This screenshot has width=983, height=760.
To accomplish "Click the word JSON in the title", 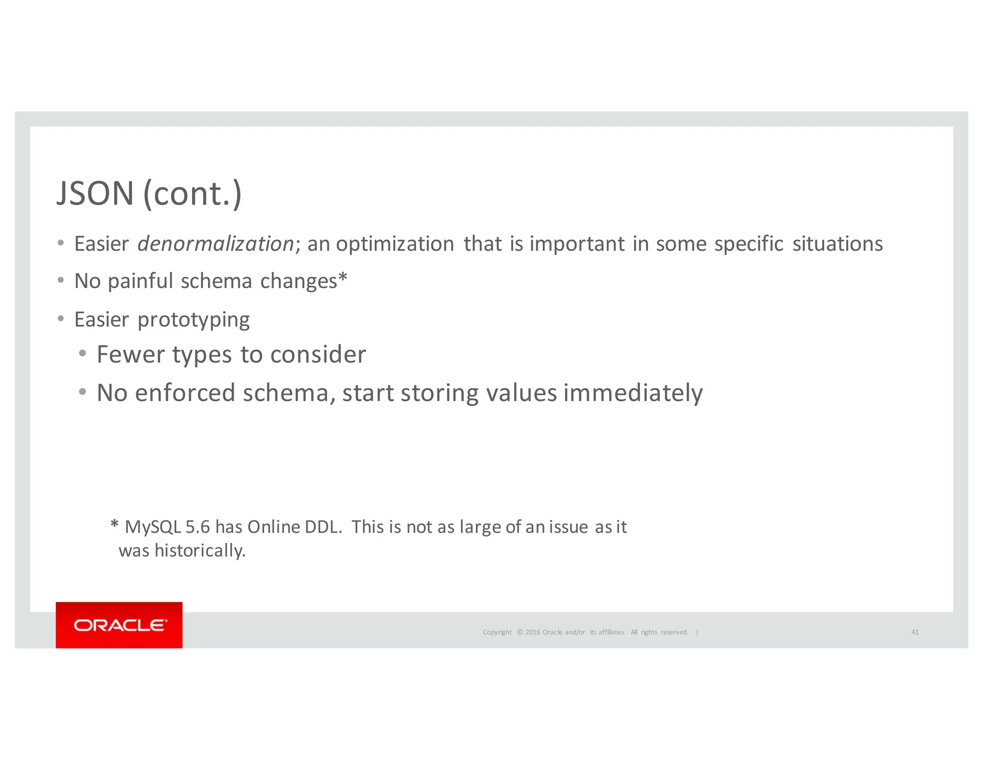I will point(95,194).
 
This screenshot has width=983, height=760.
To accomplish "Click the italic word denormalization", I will point(216,244).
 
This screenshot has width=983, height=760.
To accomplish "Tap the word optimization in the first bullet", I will point(395,244).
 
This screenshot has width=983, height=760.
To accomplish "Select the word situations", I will point(837,244).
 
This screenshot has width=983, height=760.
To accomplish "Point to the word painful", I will point(140,282).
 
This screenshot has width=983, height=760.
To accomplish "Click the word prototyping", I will point(193,320).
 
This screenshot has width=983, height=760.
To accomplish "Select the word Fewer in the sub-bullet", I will point(131,355).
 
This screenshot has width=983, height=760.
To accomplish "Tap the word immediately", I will point(633,393).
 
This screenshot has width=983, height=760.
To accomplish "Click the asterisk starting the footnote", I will point(114,525).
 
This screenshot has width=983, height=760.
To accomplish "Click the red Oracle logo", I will point(119,625).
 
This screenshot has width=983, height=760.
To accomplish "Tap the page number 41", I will point(915,632).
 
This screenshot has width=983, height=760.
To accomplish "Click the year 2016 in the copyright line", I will point(533,632).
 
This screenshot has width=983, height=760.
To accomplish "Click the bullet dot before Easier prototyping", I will point(60,319).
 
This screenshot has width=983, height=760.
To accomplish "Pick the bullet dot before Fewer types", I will point(83,354).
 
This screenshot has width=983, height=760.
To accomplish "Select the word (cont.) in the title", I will point(192,194).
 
